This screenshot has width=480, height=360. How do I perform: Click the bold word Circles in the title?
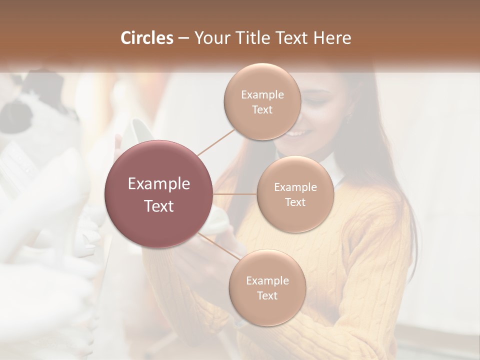point(147,38)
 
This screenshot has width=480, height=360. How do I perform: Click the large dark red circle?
point(159,194)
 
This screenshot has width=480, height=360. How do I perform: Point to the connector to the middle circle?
point(235,194)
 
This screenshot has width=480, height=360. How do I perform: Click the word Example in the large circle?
point(159,184)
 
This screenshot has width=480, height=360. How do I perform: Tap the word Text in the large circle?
point(159,206)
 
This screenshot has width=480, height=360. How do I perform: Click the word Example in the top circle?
point(262,95)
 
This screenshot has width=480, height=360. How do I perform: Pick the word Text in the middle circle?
point(295,202)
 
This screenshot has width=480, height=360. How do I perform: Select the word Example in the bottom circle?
point(267,281)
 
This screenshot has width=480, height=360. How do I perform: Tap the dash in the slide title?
point(183,38)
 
